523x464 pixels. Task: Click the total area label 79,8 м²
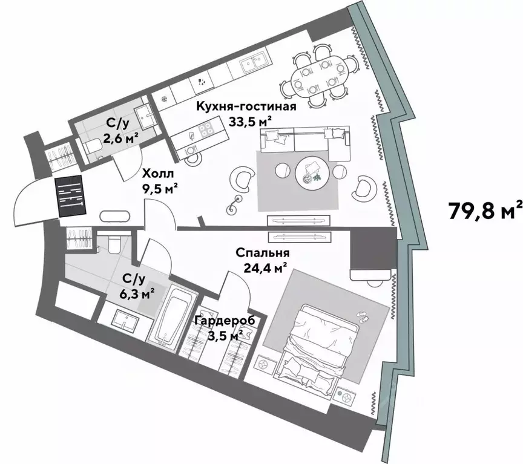485,211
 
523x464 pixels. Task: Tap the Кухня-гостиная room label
246,107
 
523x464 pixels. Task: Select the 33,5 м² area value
249,121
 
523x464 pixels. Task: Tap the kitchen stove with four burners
206,128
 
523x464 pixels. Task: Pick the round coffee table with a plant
312,170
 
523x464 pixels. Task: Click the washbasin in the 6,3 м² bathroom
123,320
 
